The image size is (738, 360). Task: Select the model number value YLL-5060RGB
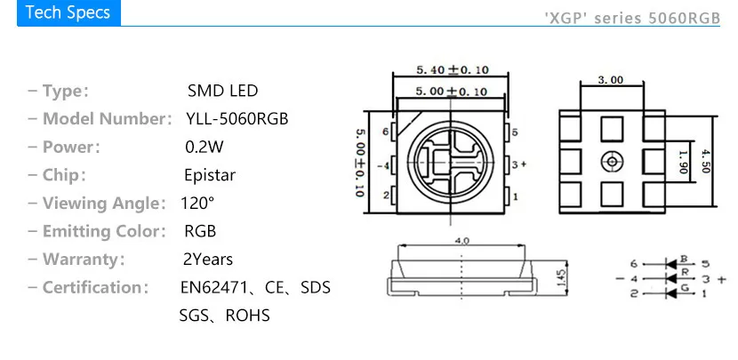pyautogui.click(x=237, y=119)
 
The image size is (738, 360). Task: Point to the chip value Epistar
pyautogui.click(x=210, y=175)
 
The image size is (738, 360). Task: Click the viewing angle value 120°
pyautogui.click(x=197, y=203)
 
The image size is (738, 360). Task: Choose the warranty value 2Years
pyautogui.click(x=207, y=260)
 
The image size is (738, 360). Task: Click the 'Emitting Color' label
pyautogui.click(x=104, y=231)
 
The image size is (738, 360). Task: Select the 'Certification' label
pyautogui.click(x=93, y=287)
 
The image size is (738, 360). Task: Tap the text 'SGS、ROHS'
pyautogui.click(x=224, y=316)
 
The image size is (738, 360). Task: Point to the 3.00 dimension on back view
pyautogui.click(x=610, y=80)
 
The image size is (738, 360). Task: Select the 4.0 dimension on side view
pyautogui.click(x=462, y=241)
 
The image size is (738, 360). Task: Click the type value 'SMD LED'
pyautogui.click(x=223, y=91)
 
